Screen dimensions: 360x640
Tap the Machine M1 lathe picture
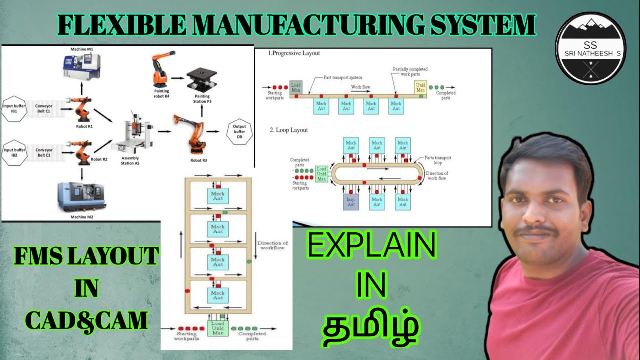(81, 67)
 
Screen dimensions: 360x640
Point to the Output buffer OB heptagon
(239, 132)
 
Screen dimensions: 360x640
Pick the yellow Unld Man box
(421, 87)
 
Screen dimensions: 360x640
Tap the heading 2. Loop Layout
(289, 130)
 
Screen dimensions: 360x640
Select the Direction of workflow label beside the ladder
(272, 245)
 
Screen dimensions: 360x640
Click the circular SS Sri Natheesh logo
(591, 49)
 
